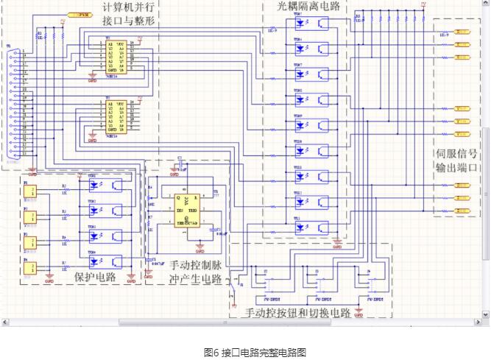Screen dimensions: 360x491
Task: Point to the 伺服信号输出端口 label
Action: click(x=456, y=160)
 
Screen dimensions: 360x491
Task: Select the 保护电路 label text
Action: click(x=96, y=277)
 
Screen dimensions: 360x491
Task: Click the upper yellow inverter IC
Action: click(x=116, y=56)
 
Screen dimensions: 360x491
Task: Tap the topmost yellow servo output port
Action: click(x=462, y=32)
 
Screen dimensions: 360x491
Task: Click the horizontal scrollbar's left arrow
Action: click(x=5, y=322)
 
